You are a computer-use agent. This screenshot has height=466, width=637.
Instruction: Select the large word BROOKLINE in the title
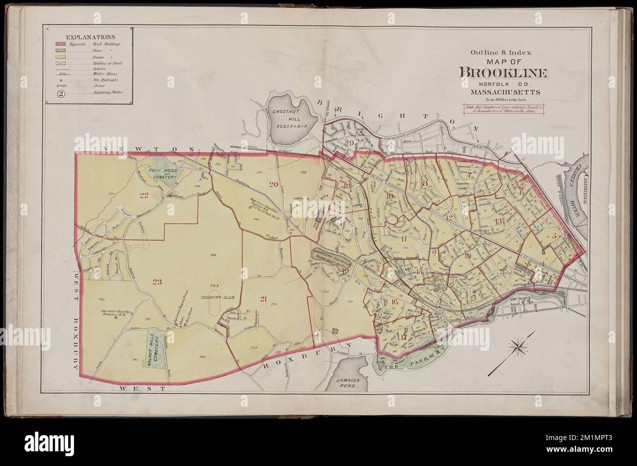coord(503,73)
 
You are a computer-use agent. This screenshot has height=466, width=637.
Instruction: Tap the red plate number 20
coord(273,184)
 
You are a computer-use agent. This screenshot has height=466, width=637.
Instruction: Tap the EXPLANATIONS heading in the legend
coord(91,37)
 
